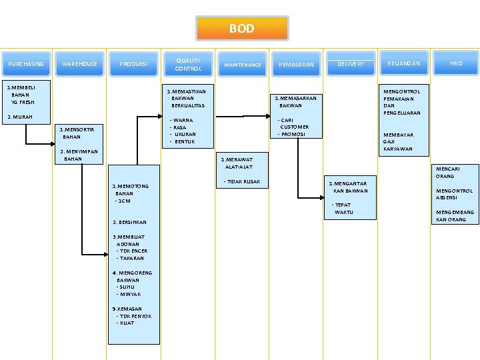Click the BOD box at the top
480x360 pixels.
click(241, 29)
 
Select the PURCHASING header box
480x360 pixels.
click(26, 64)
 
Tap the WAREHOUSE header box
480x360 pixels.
click(79, 64)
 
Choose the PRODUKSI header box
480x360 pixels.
click(133, 64)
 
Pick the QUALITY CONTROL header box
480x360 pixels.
click(187, 64)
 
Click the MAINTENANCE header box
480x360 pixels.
click(242, 65)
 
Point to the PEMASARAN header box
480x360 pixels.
click(296, 65)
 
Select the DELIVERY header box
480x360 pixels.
click(351, 64)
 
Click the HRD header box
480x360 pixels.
click(456, 63)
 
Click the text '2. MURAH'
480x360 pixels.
click(19, 117)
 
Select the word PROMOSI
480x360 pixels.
click(293, 134)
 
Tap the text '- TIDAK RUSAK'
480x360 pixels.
click(241, 181)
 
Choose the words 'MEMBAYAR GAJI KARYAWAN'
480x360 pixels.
click(398, 141)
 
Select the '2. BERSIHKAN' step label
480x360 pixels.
click(130, 222)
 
